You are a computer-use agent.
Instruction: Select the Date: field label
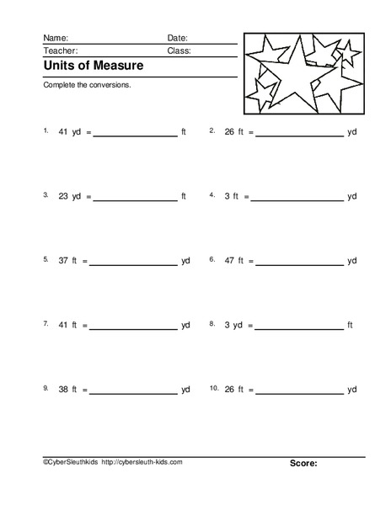177,39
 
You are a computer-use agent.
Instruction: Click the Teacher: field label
60,50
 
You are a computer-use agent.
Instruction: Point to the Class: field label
179,50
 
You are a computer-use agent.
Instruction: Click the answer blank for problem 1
135,134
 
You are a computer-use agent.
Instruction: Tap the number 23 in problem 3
63,196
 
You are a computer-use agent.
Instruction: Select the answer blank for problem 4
299,198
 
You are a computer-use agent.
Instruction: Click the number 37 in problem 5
63,261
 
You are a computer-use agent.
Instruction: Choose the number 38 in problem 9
63,389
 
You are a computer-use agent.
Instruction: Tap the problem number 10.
214,388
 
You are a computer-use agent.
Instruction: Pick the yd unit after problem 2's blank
352,132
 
